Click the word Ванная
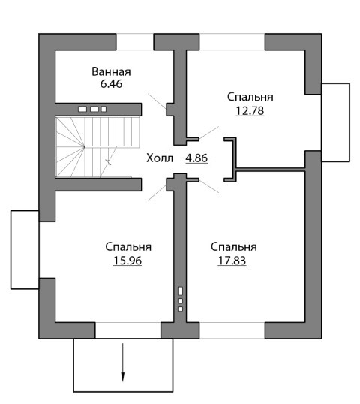click(111, 71)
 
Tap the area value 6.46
click(111, 84)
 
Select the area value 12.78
click(250, 111)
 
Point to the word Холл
click(160, 158)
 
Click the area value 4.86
click(196, 158)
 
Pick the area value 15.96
click(127, 261)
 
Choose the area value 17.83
click(232, 261)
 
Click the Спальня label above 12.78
click(250, 97)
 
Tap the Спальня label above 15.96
click(128, 247)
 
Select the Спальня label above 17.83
click(234, 247)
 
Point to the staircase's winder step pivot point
click(84, 147)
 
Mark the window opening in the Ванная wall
click(135, 42)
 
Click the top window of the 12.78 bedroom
click(232, 42)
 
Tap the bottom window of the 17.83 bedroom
click(232, 330)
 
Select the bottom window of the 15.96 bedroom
click(128, 330)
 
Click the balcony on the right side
click(335, 122)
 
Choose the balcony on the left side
click(25, 249)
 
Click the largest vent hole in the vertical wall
click(180, 291)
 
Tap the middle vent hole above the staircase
click(94, 109)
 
